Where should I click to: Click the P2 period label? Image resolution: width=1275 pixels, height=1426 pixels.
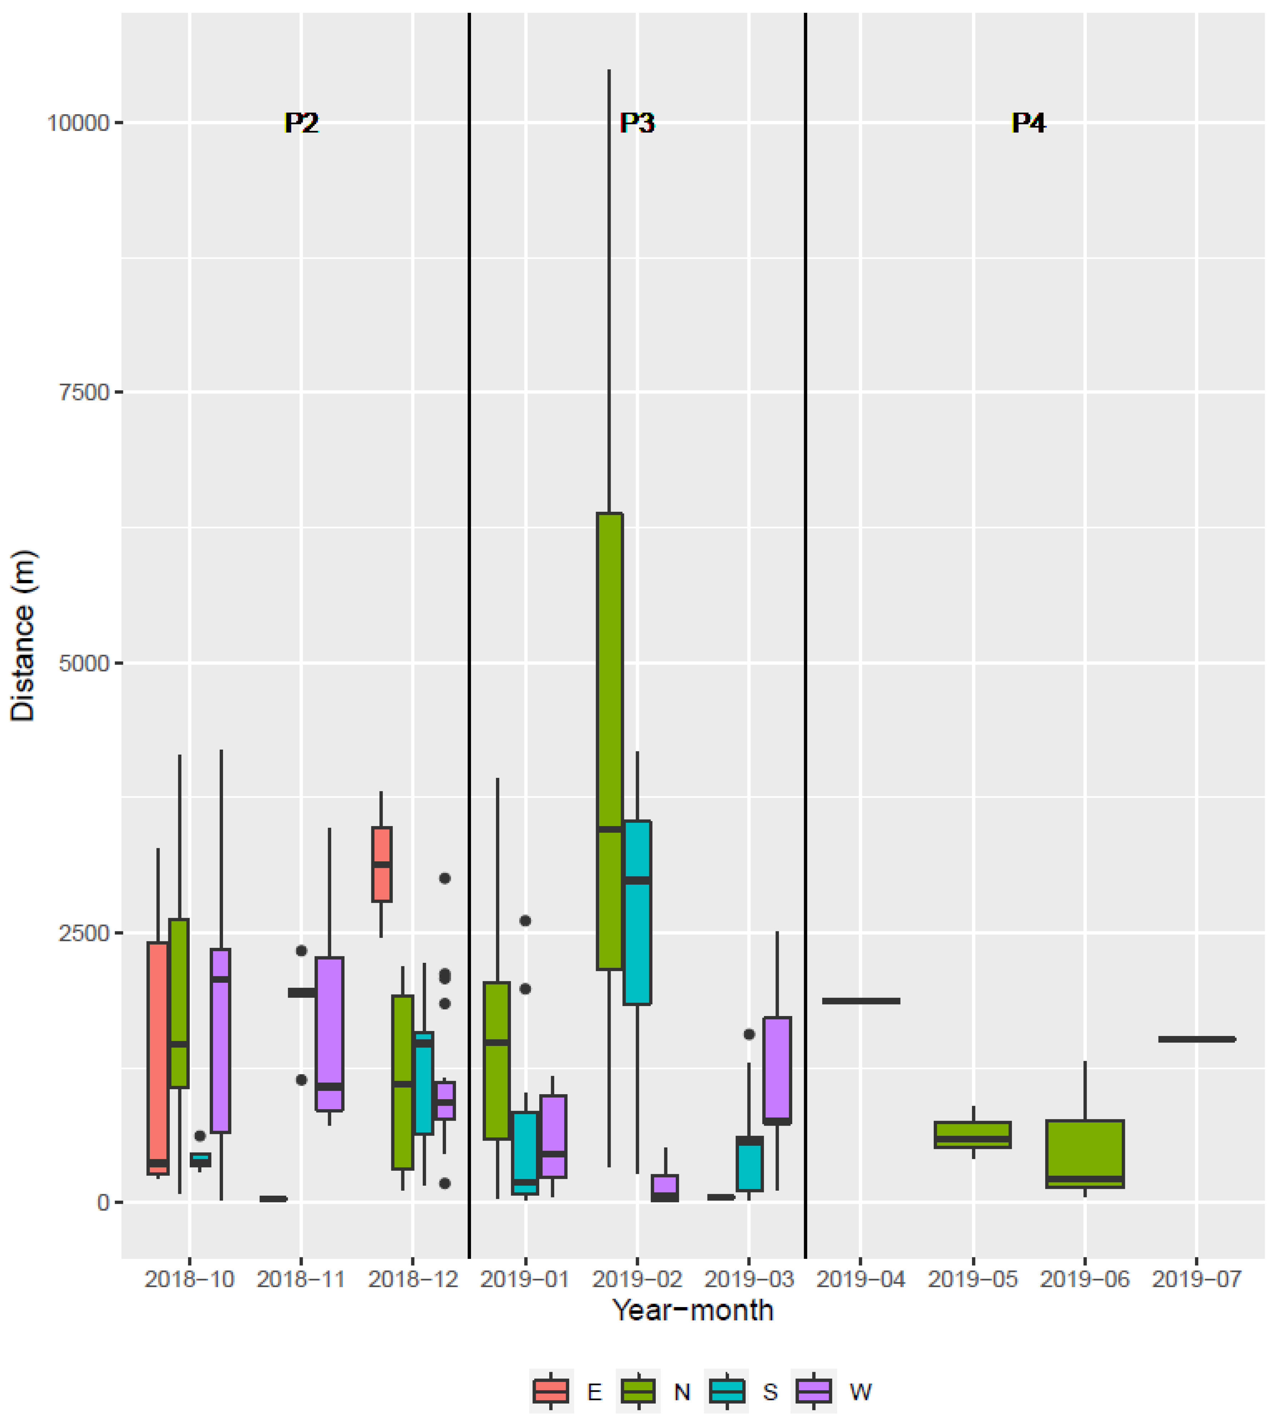point(301,123)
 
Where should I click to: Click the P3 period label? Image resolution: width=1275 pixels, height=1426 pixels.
point(637,123)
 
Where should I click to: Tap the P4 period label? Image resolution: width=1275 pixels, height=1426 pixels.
point(1028,123)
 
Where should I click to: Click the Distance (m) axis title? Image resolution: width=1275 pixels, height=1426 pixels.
point(23,636)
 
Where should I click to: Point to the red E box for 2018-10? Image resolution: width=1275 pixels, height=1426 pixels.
point(158,1057)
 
